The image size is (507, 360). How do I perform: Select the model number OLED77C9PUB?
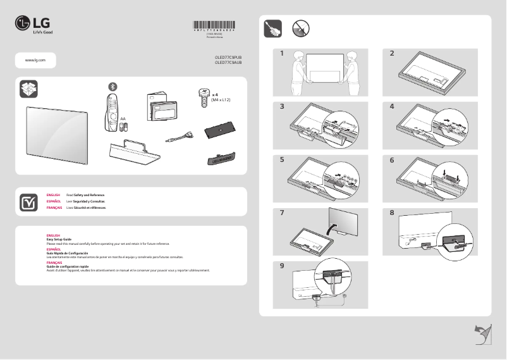coord(228,58)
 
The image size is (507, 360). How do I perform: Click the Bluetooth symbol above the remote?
coord(113,86)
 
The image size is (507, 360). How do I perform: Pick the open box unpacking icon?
coord(28,90)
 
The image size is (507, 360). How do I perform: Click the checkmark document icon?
coord(28,201)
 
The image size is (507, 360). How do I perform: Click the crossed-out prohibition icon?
coord(300,28)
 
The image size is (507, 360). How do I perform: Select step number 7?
coord(283,213)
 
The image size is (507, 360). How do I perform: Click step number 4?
coord(392,106)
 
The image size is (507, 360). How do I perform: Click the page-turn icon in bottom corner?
coord(482,333)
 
